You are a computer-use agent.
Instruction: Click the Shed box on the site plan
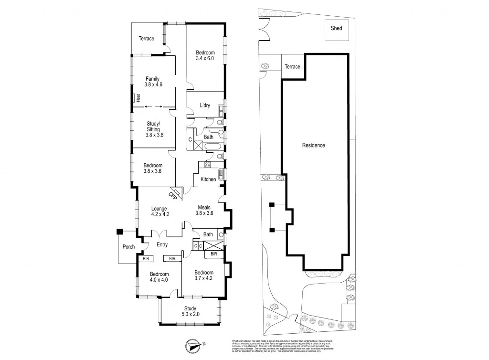click(x=336, y=29)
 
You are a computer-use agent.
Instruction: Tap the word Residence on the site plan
click(x=313, y=145)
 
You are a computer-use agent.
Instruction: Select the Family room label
click(x=153, y=79)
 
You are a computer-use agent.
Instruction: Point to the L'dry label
click(x=204, y=105)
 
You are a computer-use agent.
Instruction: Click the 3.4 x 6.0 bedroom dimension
click(x=205, y=58)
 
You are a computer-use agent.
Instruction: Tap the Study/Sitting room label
click(x=153, y=126)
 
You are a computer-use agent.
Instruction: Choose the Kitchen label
click(x=208, y=179)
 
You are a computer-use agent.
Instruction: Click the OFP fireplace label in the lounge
click(x=173, y=195)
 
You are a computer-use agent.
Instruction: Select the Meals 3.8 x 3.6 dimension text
click(x=204, y=213)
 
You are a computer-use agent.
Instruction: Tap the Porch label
click(x=129, y=247)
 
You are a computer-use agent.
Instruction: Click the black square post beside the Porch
click(x=119, y=232)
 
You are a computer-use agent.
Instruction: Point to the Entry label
click(x=162, y=244)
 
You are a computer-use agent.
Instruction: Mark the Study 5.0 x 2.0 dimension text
click(x=190, y=314)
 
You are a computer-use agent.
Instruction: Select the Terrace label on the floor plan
click(x=147, y=39)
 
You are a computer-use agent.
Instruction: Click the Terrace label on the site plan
click(x=292, y=66)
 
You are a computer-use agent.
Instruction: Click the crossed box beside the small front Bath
click(x=213, y=245)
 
